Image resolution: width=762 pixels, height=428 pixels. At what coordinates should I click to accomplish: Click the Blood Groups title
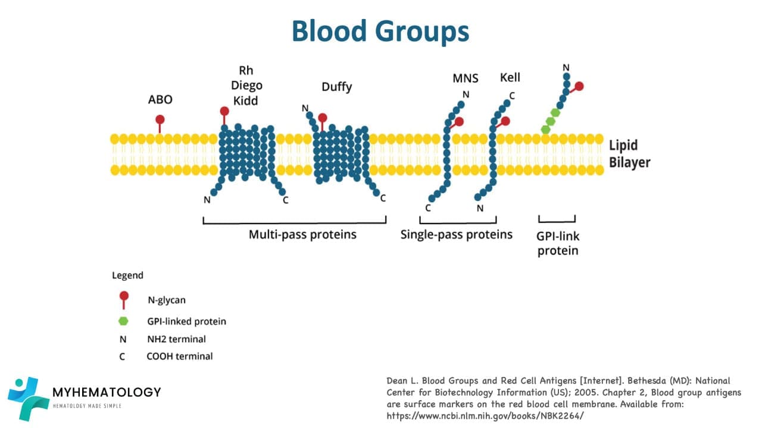click(380, 31)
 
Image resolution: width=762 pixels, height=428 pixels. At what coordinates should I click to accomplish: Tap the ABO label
click(160, 99)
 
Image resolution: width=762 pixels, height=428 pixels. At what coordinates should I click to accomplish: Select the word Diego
click(246, 86)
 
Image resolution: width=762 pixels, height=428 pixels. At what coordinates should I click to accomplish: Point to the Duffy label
click(337, 87)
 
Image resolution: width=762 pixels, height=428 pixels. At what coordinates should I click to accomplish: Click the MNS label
click(466, 78)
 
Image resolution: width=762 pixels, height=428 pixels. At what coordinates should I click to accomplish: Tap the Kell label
click(510, 77)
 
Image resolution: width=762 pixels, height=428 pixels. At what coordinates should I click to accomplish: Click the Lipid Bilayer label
click(629, 154)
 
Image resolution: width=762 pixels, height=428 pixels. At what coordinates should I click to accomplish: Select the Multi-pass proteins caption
click(302, 234)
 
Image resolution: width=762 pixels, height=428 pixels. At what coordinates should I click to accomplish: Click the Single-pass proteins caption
click(457, 234)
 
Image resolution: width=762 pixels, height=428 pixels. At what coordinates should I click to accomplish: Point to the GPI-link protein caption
click(558, 243)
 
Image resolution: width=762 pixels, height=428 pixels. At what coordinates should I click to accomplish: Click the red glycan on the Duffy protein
click(323, 118)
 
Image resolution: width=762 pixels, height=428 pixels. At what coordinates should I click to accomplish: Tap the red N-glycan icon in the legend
click(124, 297)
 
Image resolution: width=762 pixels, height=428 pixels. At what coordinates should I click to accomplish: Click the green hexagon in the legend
click(123, 321)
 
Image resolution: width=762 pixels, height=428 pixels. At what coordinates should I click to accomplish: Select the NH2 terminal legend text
click(176, 339)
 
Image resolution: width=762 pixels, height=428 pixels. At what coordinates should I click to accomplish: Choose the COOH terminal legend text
click(179, 357)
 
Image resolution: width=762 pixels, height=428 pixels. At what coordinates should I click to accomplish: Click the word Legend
click(127, 275)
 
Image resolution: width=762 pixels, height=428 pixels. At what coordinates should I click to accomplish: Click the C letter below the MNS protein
click(428, 208)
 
